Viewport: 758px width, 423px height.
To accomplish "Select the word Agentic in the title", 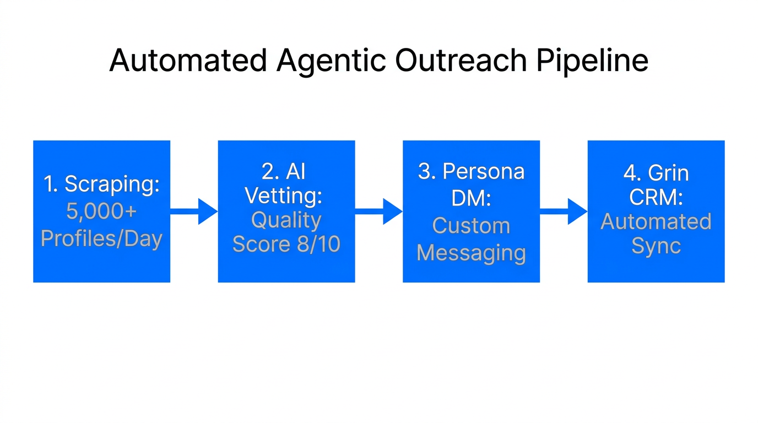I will coord(331,60).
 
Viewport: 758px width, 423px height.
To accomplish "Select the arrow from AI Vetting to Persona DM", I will coord(378,211).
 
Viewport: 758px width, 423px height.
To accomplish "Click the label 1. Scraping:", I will coord(101,185).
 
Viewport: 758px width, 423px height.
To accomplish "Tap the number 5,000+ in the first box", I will coord(101,211).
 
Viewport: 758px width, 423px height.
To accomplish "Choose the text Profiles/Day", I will coord(101,239).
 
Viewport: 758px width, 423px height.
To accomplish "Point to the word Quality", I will coord(286,220).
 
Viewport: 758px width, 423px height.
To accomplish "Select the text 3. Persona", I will coord(471,172).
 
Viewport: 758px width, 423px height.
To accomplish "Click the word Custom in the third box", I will coord(471,226).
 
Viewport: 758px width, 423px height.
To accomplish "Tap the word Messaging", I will coord(471,253).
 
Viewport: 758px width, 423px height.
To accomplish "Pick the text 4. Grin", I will coord(656,173).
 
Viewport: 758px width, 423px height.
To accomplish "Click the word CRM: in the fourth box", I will coord(656,197).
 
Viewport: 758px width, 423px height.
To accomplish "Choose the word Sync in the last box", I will coord(656,246).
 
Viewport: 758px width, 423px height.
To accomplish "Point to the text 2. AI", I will coord(284,172).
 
